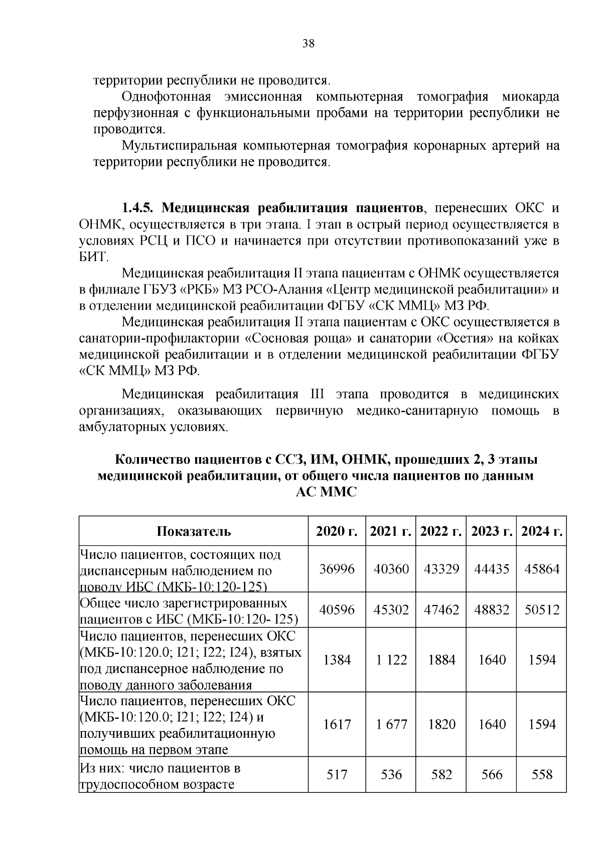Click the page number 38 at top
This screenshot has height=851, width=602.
click(x=309, y=44)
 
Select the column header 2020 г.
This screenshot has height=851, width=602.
click(x=337, y=531)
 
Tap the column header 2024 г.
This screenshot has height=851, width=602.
click(x=541, y=531)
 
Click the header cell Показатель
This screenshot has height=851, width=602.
click(x=194, y=531)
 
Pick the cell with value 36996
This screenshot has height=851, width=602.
click(x=337, y=569)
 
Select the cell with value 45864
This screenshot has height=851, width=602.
click(x=541, y=569)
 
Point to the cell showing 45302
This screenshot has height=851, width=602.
click(x=391, y=609)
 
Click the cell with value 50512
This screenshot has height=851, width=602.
click(x=541, y=609)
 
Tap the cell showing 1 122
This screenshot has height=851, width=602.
click(x=391, y=660)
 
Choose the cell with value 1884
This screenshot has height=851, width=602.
click(x=441, y=660)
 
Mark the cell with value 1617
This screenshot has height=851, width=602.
click(x=337, y=724)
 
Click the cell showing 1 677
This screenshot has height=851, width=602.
click(x=391, y=724)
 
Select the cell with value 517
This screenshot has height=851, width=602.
click(x=337, y=774)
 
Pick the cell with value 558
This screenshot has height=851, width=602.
click(x=541, y=774)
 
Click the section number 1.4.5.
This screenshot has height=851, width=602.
click(x=140, y=207)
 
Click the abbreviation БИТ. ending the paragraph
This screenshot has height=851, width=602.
click(x=94, y=257)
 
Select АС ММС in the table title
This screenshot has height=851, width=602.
click(x=326, y=492)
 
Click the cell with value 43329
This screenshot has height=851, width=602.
click(x=441, y=569)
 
